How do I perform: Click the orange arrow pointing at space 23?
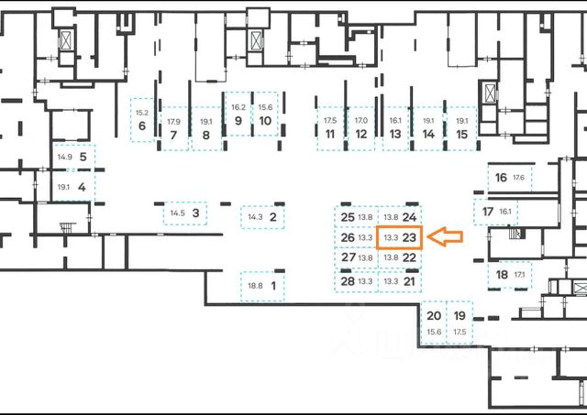(446, 238)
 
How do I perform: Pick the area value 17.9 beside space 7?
(173, 122)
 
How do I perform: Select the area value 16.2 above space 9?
(238, 107)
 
